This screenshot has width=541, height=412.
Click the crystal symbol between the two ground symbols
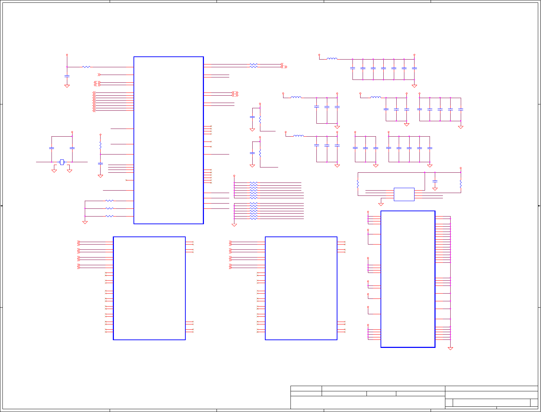tap(62, 162)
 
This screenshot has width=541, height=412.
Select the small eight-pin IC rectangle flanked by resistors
tap(404, 194)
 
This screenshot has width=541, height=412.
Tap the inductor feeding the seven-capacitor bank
tap(332, 59)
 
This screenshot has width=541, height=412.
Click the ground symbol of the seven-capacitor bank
tap(414, 86)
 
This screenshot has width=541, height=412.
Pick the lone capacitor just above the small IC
tap(435, 181)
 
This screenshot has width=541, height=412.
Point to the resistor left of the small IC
tap(358, 184)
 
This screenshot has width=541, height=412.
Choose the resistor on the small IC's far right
tap(460, 184)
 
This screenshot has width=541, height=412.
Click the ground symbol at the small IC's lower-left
tap(381, 204)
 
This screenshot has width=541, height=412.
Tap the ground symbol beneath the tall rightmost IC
tap(450, 349)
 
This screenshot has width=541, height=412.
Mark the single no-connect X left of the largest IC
tap(126, 180)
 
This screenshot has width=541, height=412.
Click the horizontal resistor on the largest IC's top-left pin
tap(86, 67)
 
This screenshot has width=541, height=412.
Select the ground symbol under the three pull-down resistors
tap(85, 222)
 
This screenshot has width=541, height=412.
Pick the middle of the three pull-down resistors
tap(110, 208)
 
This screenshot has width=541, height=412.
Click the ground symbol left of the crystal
tap(54, 171)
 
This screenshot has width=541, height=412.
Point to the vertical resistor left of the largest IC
tap(100, 144)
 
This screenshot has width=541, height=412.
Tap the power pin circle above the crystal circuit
tap(72, 132)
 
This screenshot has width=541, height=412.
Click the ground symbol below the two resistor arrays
tap(234, 225)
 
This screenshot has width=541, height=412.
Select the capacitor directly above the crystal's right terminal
tap(72, 148)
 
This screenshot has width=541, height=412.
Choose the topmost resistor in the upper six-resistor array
tap(253, 183)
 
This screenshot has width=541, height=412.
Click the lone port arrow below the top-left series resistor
tap(99, 75)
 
